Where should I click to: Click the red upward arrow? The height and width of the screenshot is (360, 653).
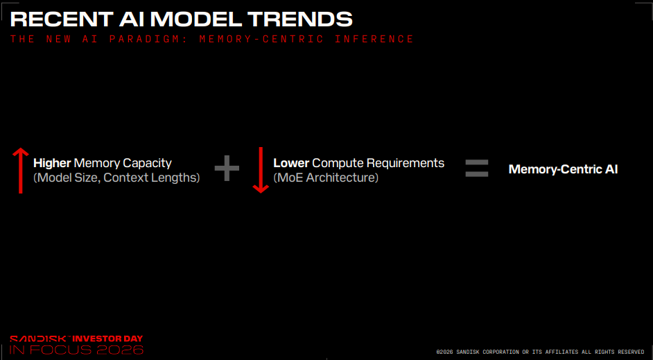coord(20,170)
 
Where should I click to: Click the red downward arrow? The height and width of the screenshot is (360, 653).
coord(261,170)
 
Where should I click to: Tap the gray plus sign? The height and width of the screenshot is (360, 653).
coord(227,168)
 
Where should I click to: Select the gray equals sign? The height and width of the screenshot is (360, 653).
coord(476,169)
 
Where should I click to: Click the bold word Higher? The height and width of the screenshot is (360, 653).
coord(52,163)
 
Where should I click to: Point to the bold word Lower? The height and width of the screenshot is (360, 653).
coord(291,163)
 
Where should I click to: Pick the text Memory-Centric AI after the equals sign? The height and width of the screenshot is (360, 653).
coord(563,169)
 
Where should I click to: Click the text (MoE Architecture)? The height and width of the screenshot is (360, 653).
coord(326,178)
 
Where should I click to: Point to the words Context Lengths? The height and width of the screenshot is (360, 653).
coord(152,178)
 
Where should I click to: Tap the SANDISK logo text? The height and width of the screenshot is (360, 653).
coord(40,338)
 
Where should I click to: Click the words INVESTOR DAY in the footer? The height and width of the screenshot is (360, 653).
coord(108,338)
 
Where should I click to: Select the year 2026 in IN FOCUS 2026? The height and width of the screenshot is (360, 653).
coord(120,350)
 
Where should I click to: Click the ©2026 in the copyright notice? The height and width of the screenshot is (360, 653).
coord(445,352)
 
